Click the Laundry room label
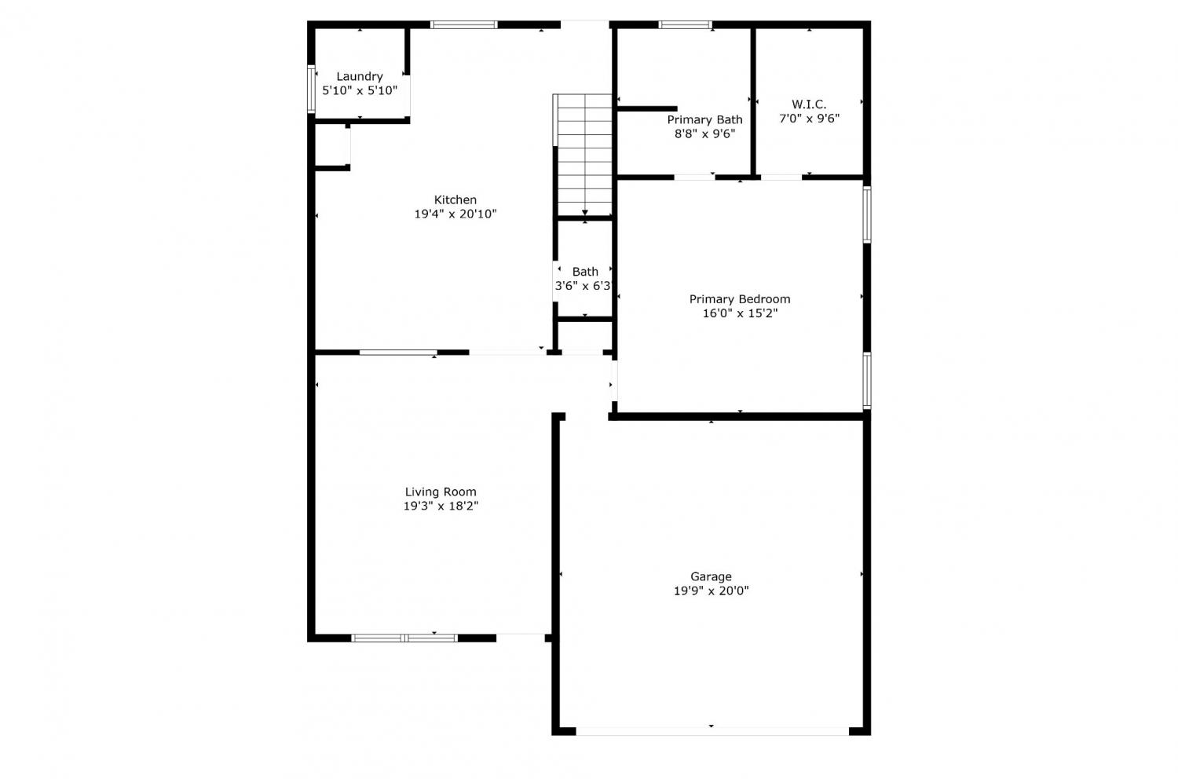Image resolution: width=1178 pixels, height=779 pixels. [360, 77]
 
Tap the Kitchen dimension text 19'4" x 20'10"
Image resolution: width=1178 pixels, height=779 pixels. [455, 214]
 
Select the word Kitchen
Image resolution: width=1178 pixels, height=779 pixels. [455, 200]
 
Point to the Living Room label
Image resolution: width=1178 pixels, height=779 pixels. [441, 492]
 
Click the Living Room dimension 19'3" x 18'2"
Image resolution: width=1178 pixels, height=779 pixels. [441, 506]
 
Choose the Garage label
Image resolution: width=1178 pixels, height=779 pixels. [711, 577]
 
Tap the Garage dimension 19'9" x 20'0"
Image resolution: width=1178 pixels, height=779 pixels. [711, 591]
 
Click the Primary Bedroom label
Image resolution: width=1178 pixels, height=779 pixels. [740, 299]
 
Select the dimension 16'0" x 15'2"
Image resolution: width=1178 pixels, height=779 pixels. [740, 313]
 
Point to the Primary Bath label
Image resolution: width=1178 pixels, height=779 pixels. [704, 120]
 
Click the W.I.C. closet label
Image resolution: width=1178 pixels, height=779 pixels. [809, 104]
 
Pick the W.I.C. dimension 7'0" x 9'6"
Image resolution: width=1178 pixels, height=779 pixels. [809, 119]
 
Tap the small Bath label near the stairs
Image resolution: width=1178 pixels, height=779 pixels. [585, 272]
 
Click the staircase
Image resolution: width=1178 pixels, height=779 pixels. [583, 155]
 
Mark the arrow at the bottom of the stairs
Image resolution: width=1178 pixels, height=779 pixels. [585, 213]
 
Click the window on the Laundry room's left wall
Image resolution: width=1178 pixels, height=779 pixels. [311, 89]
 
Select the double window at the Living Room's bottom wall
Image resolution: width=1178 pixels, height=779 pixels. [404, 638]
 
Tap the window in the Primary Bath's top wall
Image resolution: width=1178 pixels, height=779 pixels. [686, 24]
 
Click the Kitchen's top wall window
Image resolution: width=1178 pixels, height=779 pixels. [464, 24]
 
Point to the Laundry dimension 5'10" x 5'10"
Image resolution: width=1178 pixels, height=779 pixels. [360, 90]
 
